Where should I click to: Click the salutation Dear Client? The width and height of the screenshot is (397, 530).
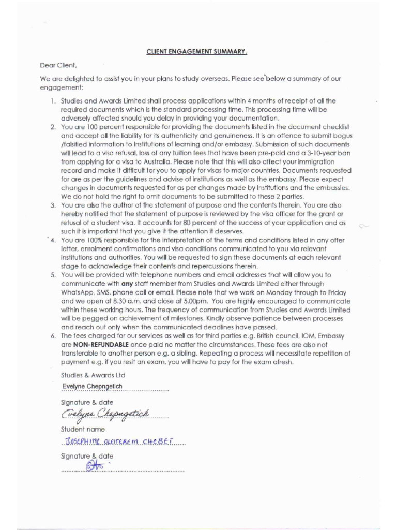pyautogui.click(x=58, y=65)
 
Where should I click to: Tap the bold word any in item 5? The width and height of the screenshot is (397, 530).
pyautogui.click(x=127, y=283)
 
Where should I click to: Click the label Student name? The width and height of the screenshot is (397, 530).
pyautogui.click(x=83, y=429)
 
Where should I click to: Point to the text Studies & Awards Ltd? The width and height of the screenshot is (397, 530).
pyautogui.click(x=93, y=374)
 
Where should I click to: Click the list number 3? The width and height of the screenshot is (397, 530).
pyautogui.click(x=53, y=205)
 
